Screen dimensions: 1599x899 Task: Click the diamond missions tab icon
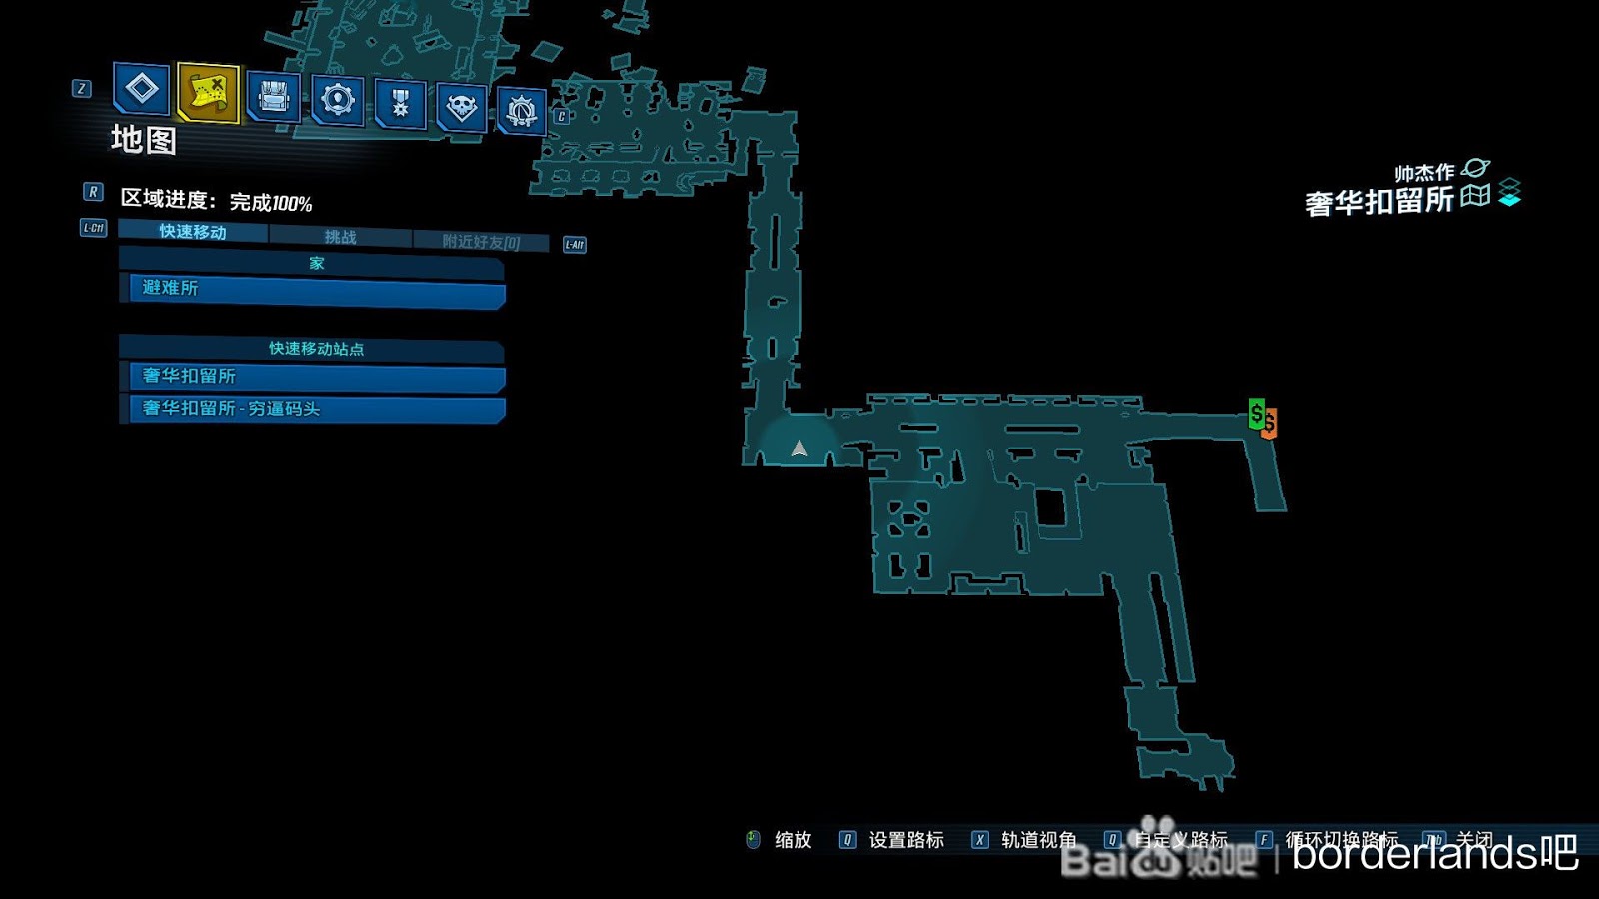141,89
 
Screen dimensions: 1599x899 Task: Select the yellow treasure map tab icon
208,93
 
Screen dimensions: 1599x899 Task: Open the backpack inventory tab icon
273,98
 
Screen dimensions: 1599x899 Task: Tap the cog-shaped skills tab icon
337,100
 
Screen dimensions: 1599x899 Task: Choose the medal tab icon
400,103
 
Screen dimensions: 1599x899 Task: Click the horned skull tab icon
461,106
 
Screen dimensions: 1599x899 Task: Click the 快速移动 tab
193,232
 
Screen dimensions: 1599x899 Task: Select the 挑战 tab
340,237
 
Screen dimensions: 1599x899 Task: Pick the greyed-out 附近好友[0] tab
481,242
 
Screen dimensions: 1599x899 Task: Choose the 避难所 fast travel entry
316,290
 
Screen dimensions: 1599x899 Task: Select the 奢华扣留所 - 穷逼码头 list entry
316,409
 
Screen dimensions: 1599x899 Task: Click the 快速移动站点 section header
316,349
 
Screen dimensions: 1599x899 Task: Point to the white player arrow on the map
799,449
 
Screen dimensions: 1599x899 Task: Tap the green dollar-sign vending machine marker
1256,413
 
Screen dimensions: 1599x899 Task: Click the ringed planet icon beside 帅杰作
1475,168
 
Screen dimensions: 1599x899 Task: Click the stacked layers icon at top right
1509,192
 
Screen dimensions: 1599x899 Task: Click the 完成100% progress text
271,203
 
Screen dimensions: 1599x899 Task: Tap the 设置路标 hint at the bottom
905,840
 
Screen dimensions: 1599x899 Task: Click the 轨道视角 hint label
1038,840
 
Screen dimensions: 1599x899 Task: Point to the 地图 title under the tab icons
144,140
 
